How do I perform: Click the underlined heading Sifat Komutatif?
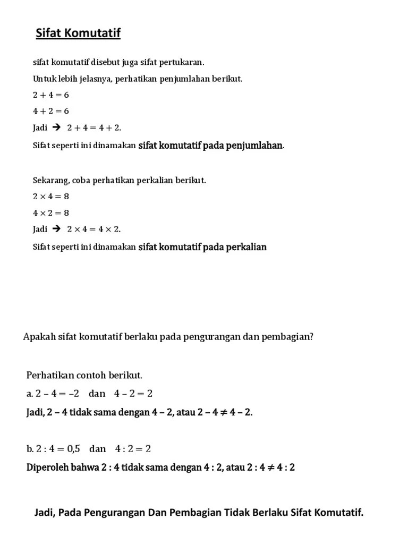point(78,34)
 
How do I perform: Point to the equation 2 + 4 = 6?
point(51,95)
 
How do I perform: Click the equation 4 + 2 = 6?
point(51,111)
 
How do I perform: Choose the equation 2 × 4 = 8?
point(51,197)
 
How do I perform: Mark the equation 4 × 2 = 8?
point(51,212)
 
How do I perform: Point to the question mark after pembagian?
point(311,336)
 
